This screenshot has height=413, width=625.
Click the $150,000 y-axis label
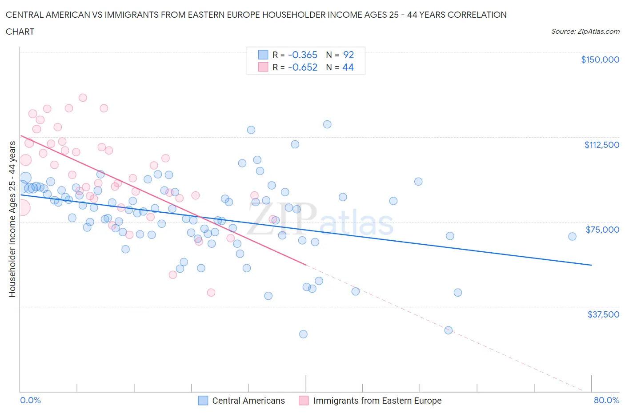600,60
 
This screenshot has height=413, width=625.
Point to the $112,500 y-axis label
601,145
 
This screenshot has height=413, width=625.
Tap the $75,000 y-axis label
602,230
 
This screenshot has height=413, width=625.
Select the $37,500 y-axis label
603,314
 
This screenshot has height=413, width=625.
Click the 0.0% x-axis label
30,400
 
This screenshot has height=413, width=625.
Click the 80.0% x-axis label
606,400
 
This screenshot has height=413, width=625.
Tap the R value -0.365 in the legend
302,55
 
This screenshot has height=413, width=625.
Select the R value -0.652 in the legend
302,67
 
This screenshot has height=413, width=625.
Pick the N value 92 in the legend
349,55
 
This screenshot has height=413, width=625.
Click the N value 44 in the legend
348,67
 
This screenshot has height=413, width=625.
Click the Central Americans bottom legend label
248,401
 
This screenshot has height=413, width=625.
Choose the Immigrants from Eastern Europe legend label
377,401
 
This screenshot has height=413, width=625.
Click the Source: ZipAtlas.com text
585,31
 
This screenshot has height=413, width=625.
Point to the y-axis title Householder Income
12,218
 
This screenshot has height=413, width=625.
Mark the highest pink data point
83,98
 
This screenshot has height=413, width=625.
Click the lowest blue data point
303,334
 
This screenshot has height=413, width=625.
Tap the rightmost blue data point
572,236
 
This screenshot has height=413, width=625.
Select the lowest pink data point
211,292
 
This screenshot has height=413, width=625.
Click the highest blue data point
327,124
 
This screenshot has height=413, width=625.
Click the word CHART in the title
20,32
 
